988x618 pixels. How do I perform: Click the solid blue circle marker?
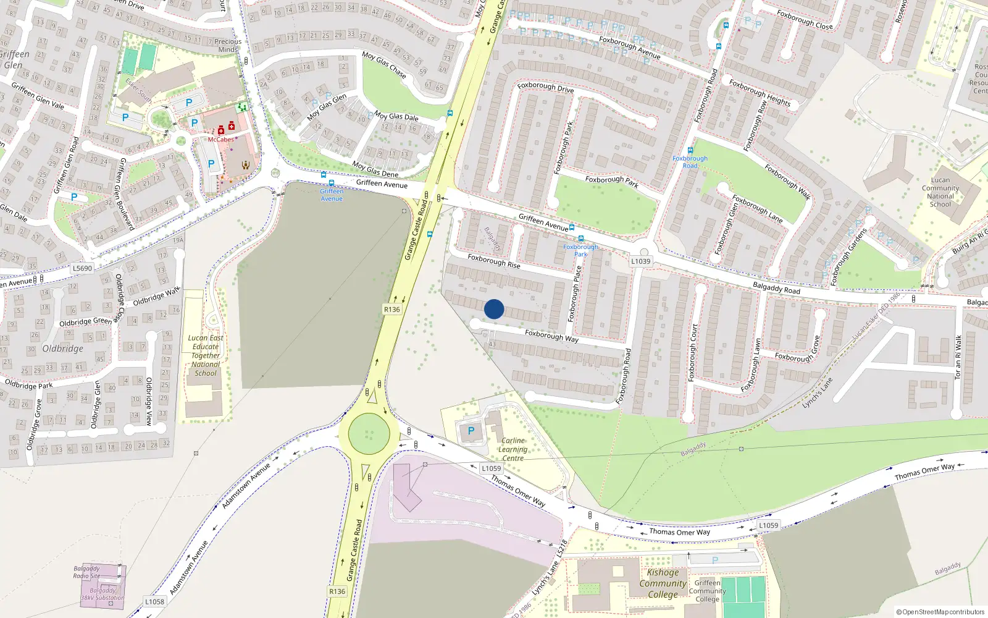[x=494, y=309]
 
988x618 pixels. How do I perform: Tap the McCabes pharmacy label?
[x=220, y=140]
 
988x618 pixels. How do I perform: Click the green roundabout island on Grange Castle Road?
[x=369, y=434]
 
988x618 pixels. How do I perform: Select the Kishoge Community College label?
[x=663, y=583]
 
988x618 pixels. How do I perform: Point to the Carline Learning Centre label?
[x=513, y=449]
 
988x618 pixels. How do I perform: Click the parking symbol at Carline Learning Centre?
[x=471, y=431]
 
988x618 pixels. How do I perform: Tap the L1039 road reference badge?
[x=640, y=261]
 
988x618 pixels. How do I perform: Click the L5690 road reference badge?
[x=82, y=268]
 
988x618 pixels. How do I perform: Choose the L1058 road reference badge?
[x=154, y=601]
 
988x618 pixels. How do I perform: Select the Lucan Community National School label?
[x=940, y=192]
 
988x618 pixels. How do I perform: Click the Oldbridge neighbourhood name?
[x=62, y=349]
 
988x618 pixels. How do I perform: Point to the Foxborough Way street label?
[x=551, y=336]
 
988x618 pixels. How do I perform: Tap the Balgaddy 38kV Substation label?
[x=103, y=594]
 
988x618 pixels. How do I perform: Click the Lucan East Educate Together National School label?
[x=206, y=355]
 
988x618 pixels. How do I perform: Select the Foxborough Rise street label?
[x=493, y=261]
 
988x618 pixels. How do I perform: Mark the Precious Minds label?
[x=228, y=45]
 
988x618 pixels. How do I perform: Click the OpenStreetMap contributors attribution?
[x=940, y=612]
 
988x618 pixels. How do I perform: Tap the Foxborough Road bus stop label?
[x=690, y=162]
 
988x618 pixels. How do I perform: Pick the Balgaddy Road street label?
[x=776, y=287]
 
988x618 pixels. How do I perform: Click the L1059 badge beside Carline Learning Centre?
[x=492, y=468]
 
